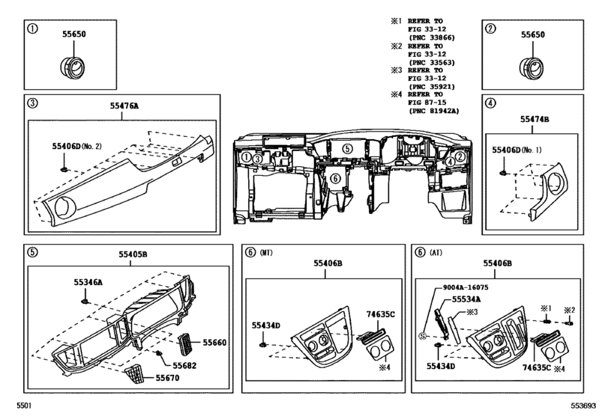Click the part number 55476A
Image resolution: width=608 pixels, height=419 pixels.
[125, 105]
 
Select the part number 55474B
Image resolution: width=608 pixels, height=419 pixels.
[535, 119]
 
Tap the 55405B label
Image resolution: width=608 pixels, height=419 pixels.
[133, 255]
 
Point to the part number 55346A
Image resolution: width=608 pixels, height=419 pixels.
[88, 283]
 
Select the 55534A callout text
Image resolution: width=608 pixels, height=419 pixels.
[467, 299]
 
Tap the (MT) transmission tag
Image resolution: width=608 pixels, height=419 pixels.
[267, 252]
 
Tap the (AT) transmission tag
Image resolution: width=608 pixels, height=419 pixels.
[445, 252]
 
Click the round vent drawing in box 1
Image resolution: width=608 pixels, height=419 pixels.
[68, 64]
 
